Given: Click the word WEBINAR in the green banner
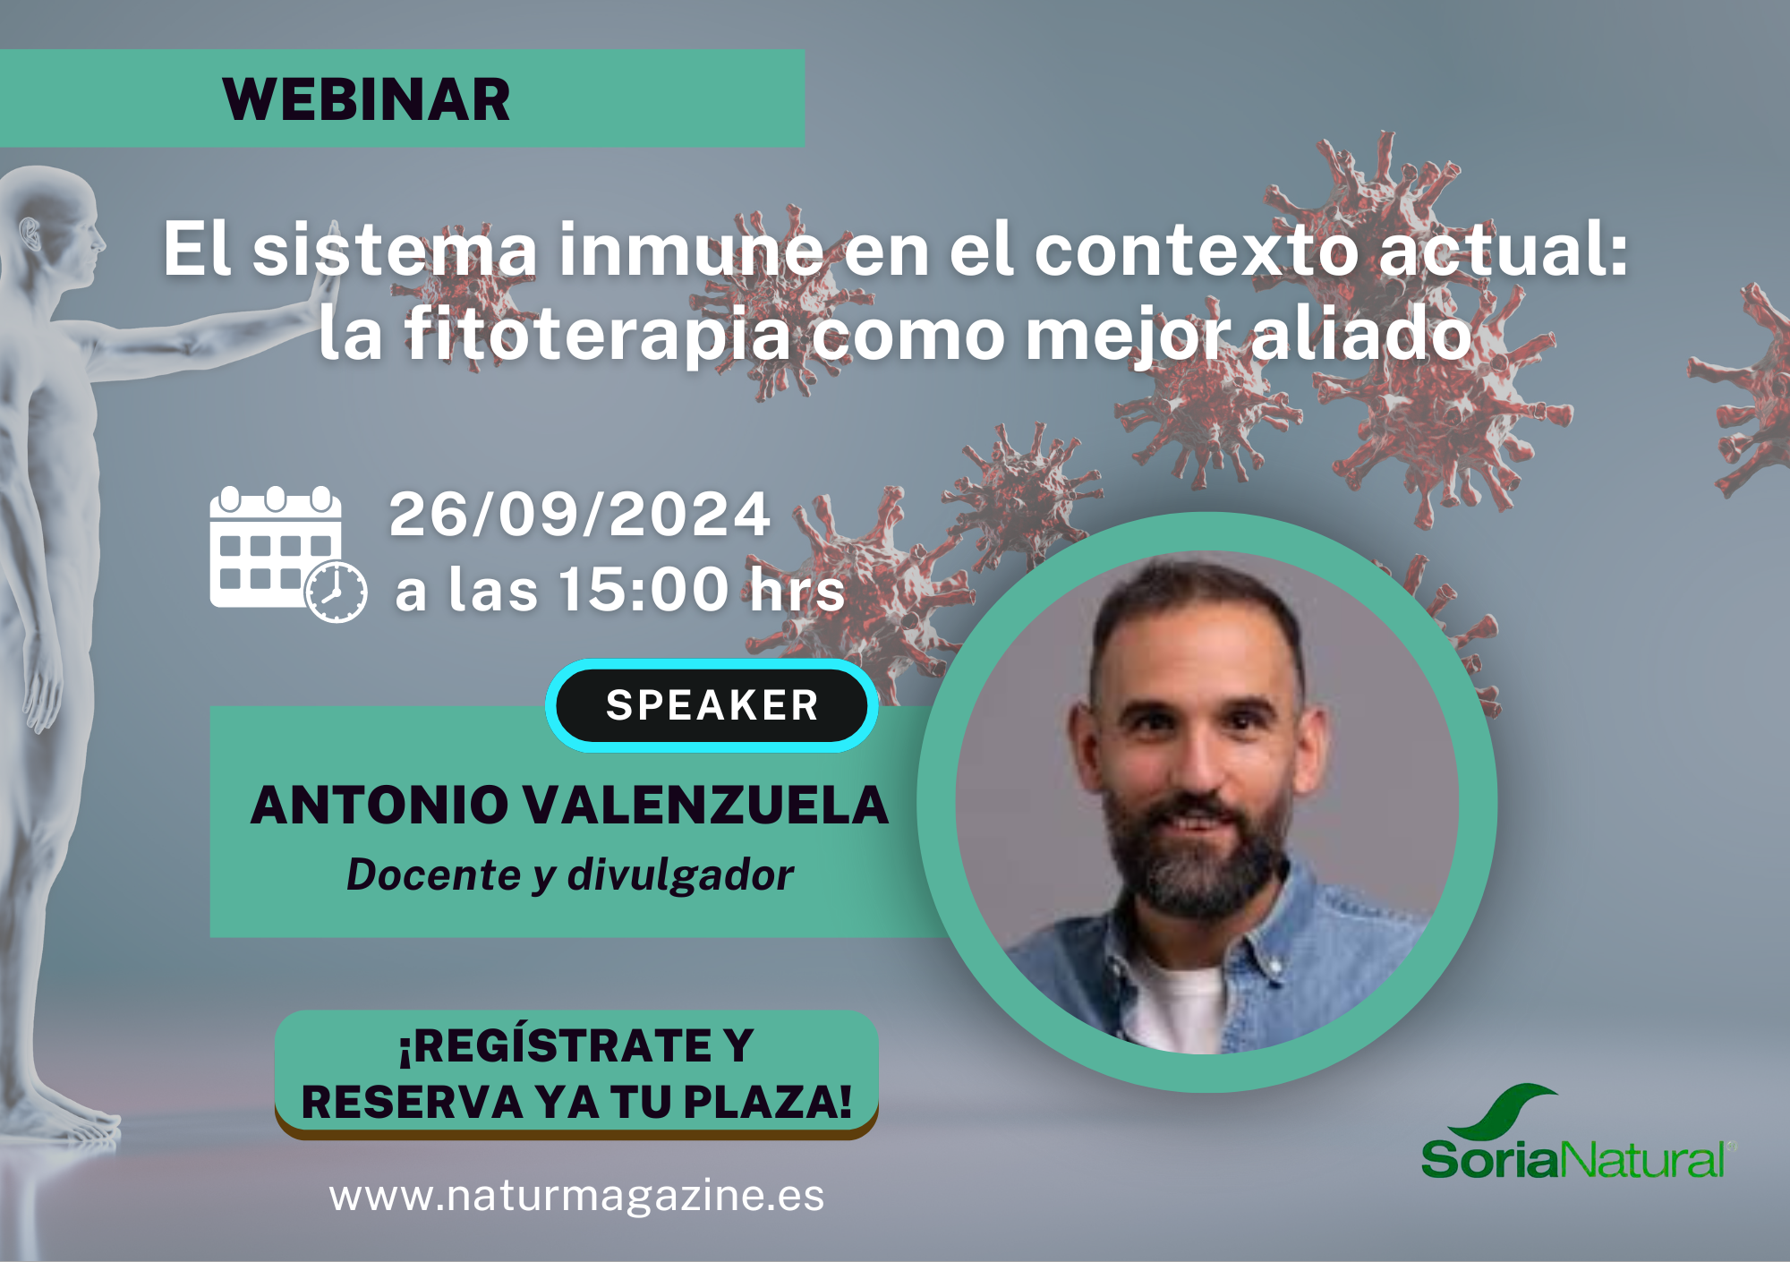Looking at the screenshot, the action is [366, 99].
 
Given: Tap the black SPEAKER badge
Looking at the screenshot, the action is [712, 705].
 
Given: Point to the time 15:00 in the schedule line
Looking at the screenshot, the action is [644, 590].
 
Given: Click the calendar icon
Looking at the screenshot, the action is [287, 554].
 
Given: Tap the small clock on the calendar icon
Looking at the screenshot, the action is [336, 592].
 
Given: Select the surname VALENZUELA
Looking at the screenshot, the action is [705, 805].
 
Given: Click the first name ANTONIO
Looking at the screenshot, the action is [379, 805].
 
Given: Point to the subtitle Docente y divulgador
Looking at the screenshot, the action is [570, 874].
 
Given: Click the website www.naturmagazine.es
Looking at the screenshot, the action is [576, 1195].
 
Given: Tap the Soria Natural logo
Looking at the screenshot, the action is [1577, 1133].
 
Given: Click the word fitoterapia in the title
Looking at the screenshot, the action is [598, 335].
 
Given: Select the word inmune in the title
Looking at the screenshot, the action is [691, 250].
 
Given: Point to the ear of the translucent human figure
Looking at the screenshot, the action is [30, 234].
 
